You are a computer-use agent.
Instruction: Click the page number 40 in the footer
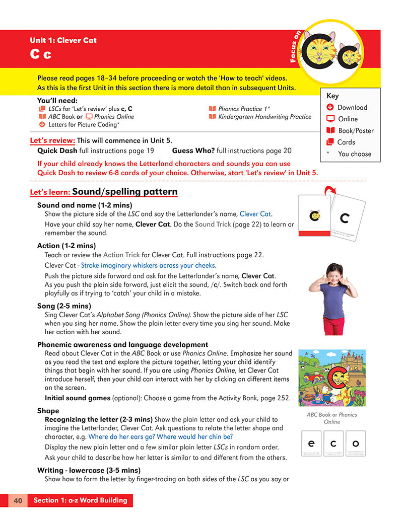[x=18, y=500]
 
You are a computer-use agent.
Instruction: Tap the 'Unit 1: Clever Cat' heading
[x=63, y=40]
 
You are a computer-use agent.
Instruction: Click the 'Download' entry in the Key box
[x=352, y=107]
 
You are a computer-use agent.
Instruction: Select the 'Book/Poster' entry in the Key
[x=355, y=130]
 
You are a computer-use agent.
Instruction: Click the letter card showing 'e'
[x=311, y=444]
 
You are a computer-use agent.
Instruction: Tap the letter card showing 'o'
[x=356, y=444]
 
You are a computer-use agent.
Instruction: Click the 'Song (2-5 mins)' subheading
[x=64, y=306]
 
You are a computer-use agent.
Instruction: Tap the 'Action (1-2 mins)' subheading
[x=66, y=246]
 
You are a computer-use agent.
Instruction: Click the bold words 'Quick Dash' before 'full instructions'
[x=57, y=150]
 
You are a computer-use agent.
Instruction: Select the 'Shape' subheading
[x=48, y=411]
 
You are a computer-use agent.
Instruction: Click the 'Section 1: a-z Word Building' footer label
[x=80, y=500]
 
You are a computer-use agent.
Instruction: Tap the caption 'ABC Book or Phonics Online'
[x=332, y=418]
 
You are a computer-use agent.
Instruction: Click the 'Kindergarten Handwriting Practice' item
[x=264, y=117]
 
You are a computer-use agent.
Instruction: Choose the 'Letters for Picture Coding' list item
[x=83, y=124]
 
